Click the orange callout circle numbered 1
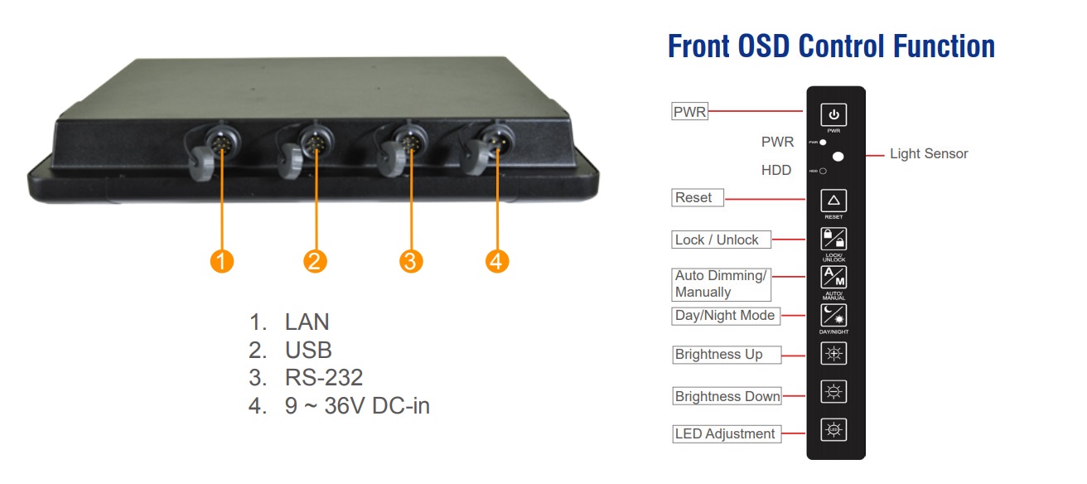(x=220, y=261)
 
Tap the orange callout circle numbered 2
(x=314, y=261)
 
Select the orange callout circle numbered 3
(x=410, y=261)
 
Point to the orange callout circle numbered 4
(x=495, y=261)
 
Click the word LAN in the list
(x=307, y=322)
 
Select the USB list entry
(x=308, y=351)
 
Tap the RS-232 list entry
(x=324, y=379)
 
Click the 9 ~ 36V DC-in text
(x=357, y=407)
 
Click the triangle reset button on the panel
(x=833, y=201)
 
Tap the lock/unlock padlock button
(x=833, y=239)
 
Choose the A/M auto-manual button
(x=833, y=278)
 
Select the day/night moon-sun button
(x=833, y=316)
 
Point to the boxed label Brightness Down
(x=727, y=396)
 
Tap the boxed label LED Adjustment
(x=725, y=433)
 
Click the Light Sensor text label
(x=928, y=153)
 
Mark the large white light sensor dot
(x=838, y=156)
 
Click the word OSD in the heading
(x=760, y=46)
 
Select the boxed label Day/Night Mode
(x=725, y=316)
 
